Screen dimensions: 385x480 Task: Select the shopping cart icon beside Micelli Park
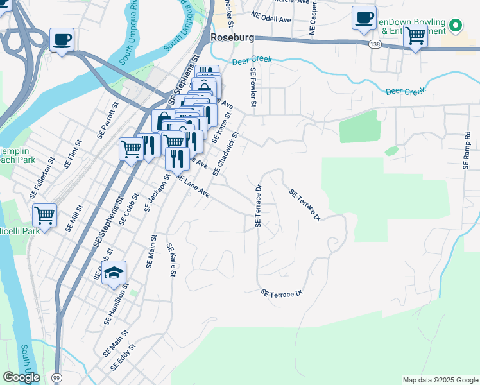click(x=44, y=216)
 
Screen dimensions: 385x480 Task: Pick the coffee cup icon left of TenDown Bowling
click(x=364, y=18)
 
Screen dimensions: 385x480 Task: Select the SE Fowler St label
click(x=253, y=89)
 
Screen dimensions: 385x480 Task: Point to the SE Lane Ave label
click(x=193, y=185)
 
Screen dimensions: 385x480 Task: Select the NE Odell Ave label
click(x=271, y=17)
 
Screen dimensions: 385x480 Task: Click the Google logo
click(x=21, y=377)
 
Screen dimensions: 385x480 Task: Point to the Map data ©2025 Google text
click(x=440, y=380)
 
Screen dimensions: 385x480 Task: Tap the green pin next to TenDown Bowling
click(x=456, y=26)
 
